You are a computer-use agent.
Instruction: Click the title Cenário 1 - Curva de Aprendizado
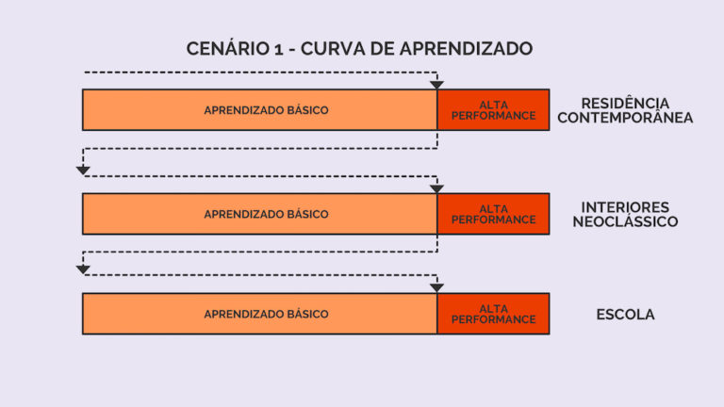pyautogui.click(x=360, y=48)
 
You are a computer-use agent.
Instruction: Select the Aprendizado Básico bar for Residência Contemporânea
pyautogui.click(x=259, y=109)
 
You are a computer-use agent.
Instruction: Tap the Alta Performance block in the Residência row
pyautogui.click(x=493, y=109)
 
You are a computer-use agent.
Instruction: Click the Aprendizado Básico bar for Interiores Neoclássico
pyautogui.click(x=259, y=214)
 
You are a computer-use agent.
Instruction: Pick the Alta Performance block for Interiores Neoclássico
pyautogui.click(x=493, y=214)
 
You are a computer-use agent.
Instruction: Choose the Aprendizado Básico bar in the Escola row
pyautogui.click(x=259, y=314)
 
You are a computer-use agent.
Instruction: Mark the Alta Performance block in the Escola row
pyautogui.click(x=493, y=314)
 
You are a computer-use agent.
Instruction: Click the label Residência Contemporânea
pyautogui.click(x=625, y=110)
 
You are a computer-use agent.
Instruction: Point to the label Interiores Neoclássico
pyautogui.click(x=625, y=214)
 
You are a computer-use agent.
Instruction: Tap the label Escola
pyautogui.click(x=625, y=315)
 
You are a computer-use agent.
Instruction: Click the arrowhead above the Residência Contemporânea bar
pyautogui.click(x=436, y=85)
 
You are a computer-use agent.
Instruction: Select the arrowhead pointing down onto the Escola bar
pyautogui.click(x=436, y=287)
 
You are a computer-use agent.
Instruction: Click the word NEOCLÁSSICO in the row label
pyautogui.click(x=625, y=222)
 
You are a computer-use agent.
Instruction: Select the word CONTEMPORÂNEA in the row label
pyautogui.click(x=625, y=119)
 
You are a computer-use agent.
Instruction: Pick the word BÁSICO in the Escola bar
pyautogui.click(x=306, y=314)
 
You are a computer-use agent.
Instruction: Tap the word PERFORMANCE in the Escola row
pyautogui.click(x=493, y=319)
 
